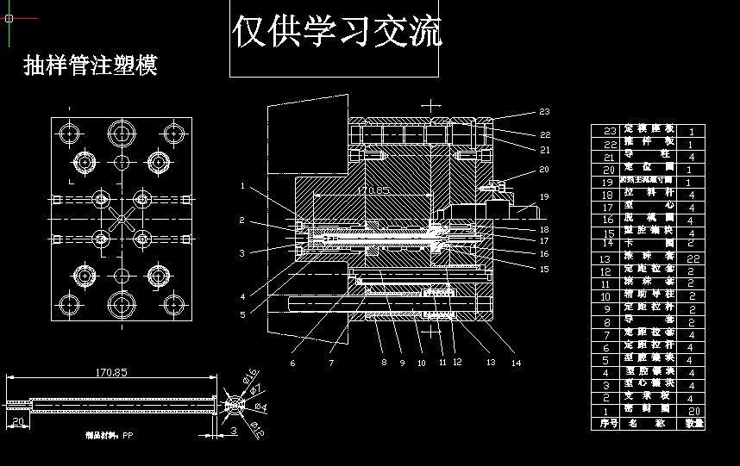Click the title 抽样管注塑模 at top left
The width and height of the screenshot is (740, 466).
[91, 66]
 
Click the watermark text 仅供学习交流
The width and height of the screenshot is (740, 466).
[336, 32]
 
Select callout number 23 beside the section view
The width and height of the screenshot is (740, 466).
[544, 112]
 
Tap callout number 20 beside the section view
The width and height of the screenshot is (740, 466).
[543, 170]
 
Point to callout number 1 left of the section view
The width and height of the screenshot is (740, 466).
[243, 185]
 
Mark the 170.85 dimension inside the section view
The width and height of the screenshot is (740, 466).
[373, 190]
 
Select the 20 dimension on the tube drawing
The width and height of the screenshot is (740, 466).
[18, 421]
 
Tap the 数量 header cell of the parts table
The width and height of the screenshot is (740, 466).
[693, 423]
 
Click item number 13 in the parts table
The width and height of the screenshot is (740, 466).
[605, 258]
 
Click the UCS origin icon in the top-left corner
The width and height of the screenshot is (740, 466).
[9, 17]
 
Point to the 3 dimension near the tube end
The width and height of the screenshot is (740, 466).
[233, 430]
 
